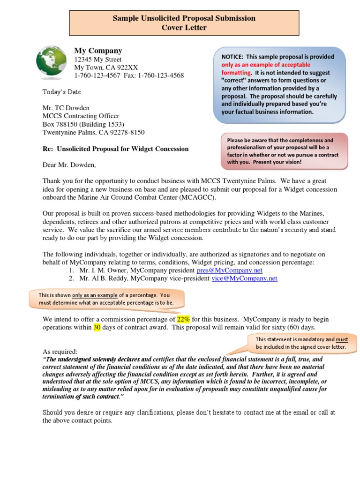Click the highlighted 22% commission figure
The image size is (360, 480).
point(183,319)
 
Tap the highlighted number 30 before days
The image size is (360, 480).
point(97,327)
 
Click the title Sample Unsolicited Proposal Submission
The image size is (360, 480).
point(184,18)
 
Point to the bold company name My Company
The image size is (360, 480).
point(98,51)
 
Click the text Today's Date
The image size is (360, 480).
point(62,92)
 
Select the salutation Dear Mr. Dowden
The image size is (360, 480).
point(69,165)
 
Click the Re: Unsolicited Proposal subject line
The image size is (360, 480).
point(116,149)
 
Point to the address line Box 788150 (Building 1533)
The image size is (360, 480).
point(83,124)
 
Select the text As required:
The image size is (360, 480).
point(60,352)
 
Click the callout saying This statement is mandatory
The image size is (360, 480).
point(301,343)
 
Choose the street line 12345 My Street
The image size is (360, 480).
point(98,60)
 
